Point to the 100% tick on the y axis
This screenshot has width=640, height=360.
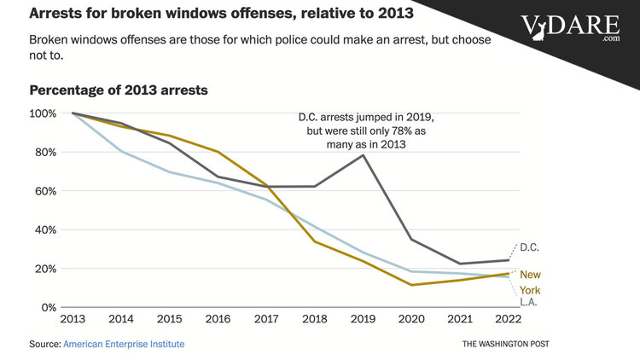point(44,113)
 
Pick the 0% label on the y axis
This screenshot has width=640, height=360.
point(49,307)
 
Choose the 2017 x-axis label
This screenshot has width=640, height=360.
point(267,319)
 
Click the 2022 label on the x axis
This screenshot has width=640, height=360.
point(510,319)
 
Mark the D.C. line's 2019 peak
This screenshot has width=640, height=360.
point(364,155)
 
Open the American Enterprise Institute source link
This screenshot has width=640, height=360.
point(124,343)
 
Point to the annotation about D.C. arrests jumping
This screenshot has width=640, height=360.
point(359,130)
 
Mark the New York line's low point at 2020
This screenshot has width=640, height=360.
point(413,285)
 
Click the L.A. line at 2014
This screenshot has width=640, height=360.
point(121,152)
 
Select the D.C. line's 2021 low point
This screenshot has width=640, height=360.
point(462,264)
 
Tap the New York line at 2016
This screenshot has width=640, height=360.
point(218,153)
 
